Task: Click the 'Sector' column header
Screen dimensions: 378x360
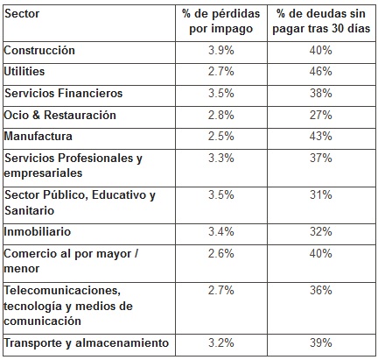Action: coord(22,14)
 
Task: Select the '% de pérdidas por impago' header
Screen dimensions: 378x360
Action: coord(221,21)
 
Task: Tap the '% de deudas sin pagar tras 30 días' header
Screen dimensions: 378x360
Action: coord(321,21)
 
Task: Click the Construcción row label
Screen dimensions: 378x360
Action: coord(39,51)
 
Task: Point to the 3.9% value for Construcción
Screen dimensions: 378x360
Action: coord(221,50)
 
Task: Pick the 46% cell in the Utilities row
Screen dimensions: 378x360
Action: coord(321,72)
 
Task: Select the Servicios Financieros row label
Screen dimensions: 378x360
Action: coord(63,93)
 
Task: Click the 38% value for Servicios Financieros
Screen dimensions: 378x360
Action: coord(321,93)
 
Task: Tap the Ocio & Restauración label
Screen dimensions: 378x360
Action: coord(59,115)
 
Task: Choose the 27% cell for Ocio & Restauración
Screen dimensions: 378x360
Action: coord(321,115)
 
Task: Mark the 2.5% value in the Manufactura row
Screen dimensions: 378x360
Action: coord(221,137)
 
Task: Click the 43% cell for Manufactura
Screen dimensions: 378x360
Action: coord(321,137)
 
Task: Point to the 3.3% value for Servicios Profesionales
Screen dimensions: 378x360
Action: coord(221,159)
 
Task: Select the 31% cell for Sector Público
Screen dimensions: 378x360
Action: coord(321,194)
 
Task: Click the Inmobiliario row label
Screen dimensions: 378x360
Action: coord(38,232)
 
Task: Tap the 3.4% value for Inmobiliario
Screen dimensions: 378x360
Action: coord(221,232)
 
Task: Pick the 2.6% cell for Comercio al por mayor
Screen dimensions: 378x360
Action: coord(221,253)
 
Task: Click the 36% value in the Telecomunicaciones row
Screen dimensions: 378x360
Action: coord(321,291)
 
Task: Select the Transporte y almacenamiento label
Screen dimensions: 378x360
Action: coord(87,343)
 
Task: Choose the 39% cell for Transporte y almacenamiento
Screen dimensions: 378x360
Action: coord(321,342)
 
